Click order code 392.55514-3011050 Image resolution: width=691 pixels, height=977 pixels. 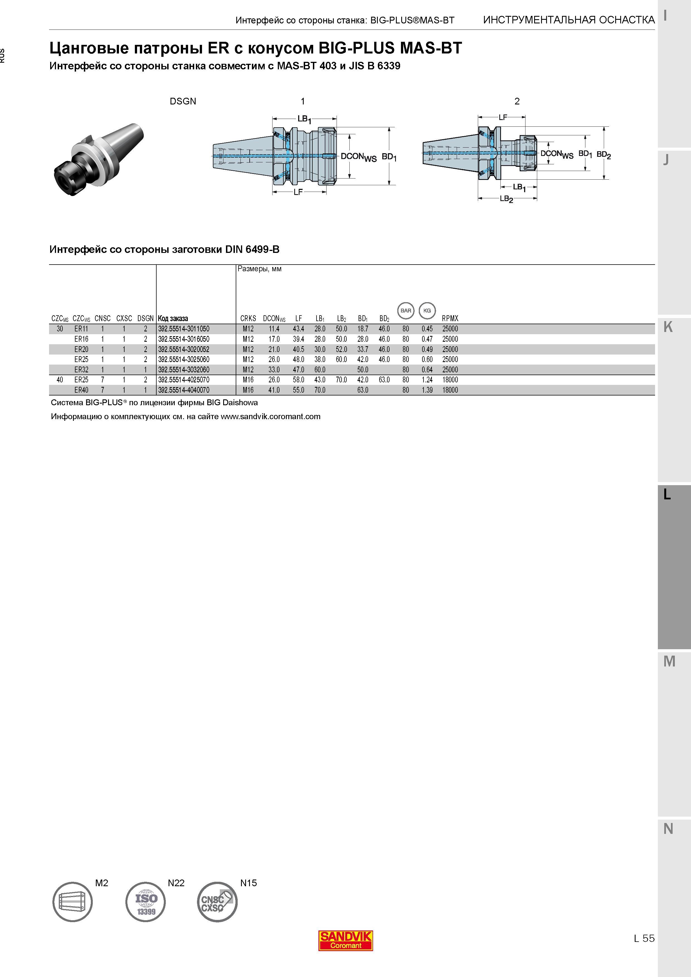184,329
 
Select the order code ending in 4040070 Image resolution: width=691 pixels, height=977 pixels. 184,390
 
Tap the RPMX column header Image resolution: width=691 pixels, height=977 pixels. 450,318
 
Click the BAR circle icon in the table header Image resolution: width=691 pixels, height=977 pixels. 406,311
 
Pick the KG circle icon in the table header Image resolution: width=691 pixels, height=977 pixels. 427,311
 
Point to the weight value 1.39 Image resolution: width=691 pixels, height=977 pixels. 427,390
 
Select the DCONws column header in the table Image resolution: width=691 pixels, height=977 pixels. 274,319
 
